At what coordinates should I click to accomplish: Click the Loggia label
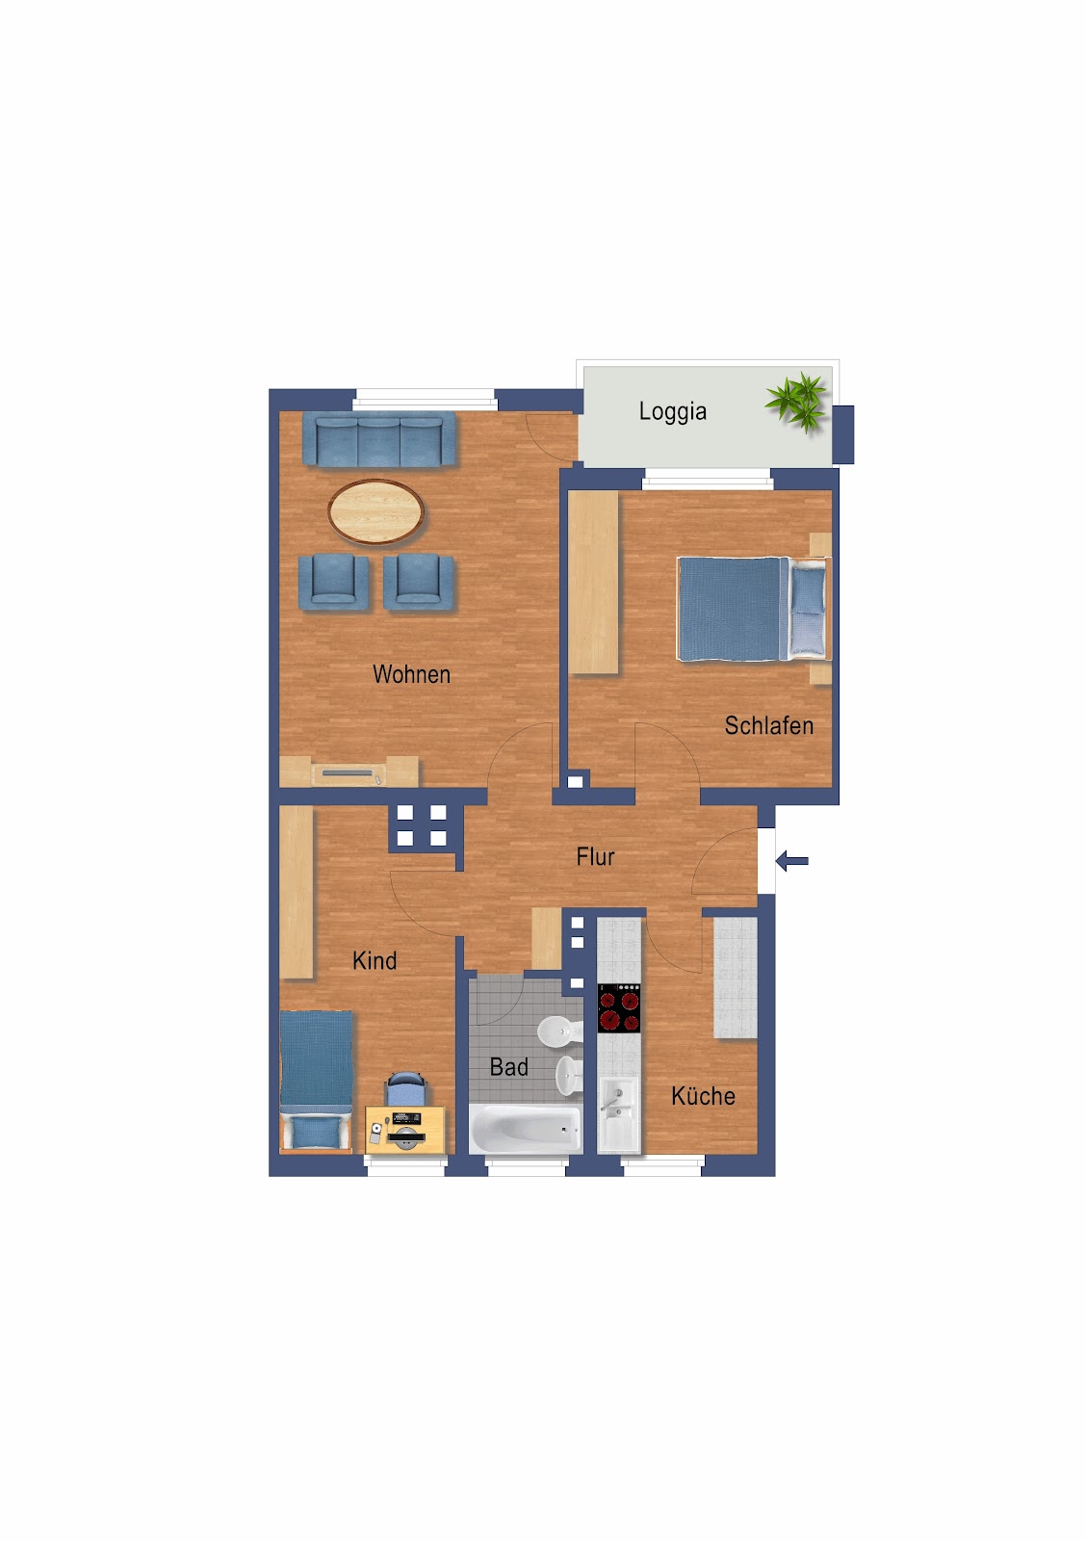(672, 411)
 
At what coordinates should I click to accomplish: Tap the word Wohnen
(411, 673)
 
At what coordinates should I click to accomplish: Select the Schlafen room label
(769, 725)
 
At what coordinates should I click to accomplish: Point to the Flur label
(595, 856)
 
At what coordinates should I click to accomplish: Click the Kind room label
(375, 960)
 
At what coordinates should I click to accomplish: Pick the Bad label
(509, 1067)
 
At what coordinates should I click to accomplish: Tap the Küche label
(703, 1096)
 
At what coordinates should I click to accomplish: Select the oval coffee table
(375, 511)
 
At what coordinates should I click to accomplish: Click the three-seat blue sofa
(379, 439)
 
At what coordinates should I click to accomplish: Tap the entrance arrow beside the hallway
(791, 861)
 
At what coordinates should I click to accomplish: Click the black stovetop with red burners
(619, 1007)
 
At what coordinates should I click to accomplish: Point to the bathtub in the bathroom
(526, 1128)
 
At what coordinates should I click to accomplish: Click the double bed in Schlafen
(753, 609)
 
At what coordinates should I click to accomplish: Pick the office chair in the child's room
(406, 1088)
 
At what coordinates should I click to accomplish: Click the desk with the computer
(405, 1130)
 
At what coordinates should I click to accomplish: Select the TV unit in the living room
(349, 771)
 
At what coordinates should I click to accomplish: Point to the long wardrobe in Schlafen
(593, 582)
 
